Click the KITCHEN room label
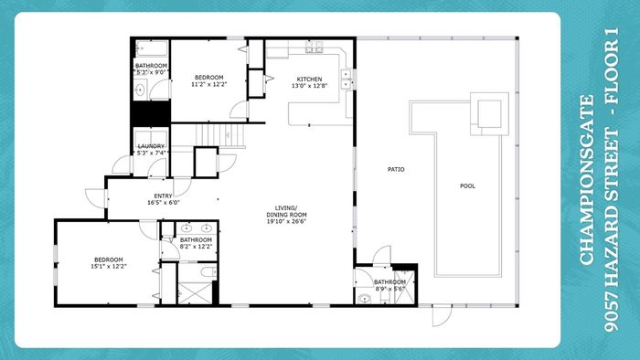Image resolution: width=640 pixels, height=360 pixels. tap(309, 79)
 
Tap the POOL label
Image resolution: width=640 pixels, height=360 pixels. tap(467, 185)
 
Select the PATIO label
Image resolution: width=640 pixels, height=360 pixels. tap(396, 169)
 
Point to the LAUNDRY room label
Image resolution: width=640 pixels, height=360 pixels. tap(151, 146)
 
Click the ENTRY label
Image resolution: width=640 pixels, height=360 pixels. tap(163, 196)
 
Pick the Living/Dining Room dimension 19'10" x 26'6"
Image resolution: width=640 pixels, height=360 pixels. tap(286, 221)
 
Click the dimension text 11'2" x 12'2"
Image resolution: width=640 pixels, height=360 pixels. tap(208, 84)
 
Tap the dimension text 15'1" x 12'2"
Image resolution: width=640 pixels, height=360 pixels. tap(109, 266)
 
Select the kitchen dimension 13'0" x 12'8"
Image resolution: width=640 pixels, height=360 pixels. tap(309, 86)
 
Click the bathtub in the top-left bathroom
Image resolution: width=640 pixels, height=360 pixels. tap(152, 48)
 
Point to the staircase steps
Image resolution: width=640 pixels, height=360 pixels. tap(220, 135)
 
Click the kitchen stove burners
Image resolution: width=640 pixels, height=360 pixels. tap(315, 48)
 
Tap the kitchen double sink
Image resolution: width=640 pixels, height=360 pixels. tap(347, 79)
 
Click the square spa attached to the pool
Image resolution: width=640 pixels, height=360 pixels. tap(489, 113)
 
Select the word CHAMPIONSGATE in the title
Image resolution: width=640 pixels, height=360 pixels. tap(587, 180)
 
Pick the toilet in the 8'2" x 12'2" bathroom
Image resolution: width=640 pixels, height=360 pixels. tap(208, 271)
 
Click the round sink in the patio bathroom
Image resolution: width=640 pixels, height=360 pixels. tap(364, 299)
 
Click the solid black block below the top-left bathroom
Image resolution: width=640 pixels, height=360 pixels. tap(151, 113)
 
